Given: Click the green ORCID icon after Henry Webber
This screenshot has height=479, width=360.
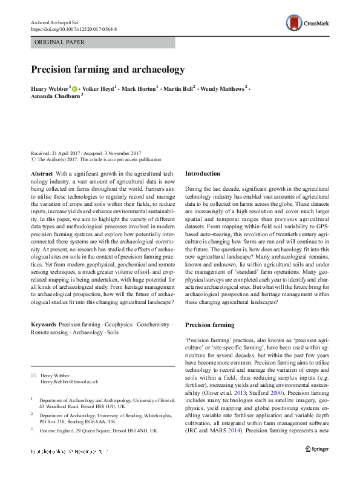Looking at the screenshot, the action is (75, 88).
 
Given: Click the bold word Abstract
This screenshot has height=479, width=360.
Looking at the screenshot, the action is (41, 174).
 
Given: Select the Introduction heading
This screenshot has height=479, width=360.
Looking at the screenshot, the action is (202, 174).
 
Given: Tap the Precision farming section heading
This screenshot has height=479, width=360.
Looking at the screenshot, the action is (209, 325).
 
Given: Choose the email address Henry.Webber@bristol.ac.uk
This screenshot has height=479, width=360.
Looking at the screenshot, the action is (69, 382).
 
